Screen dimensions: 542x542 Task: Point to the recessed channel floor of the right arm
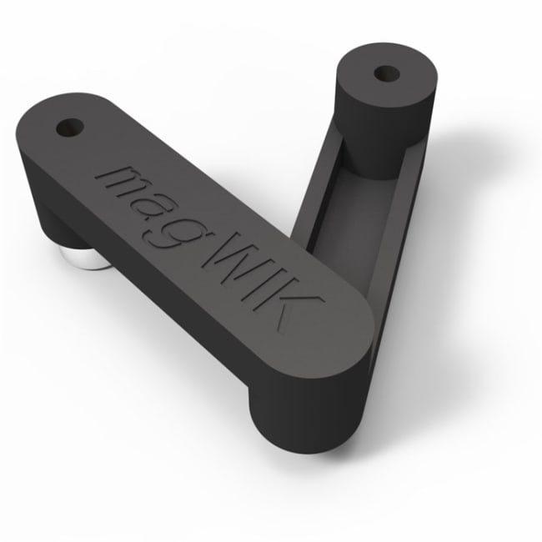tap(346, 208)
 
